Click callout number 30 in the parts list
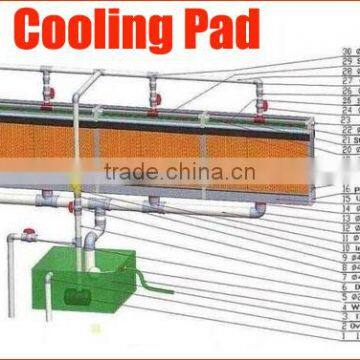click(346, 51)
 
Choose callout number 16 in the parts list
click(346, 189)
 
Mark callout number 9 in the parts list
click(346, 257)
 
